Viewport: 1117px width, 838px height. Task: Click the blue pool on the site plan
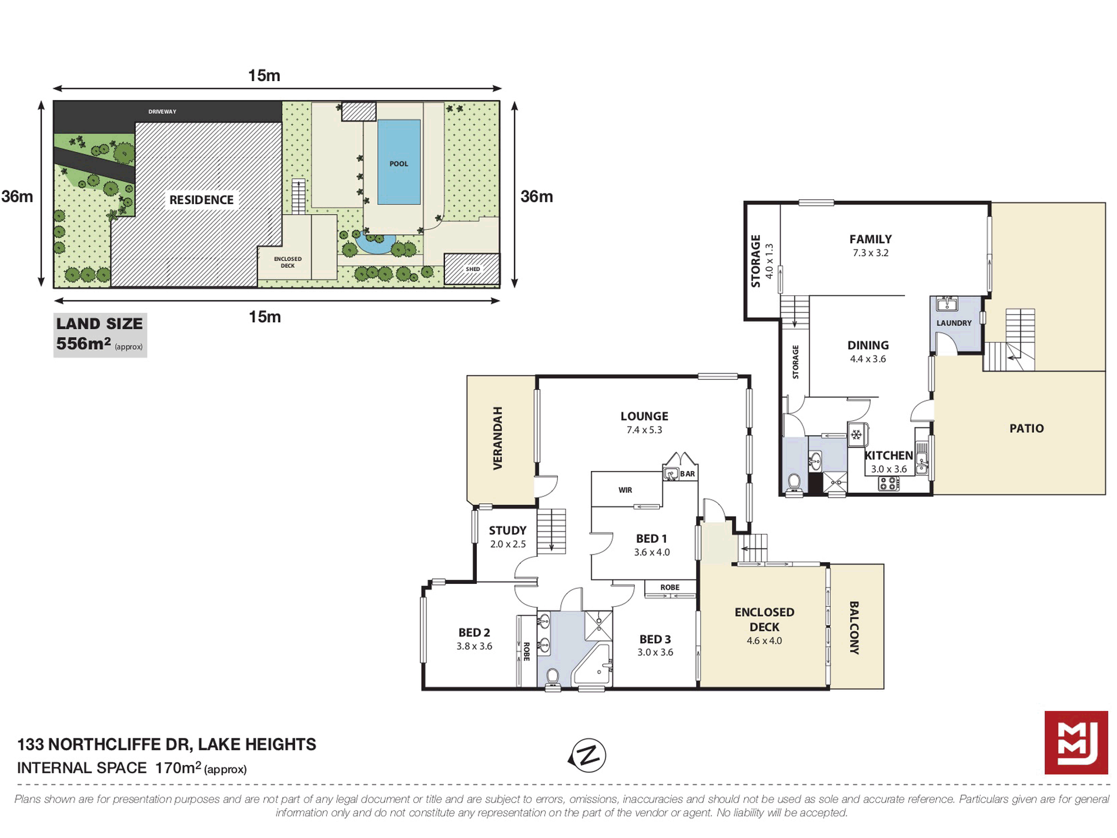click(x=399, y=162)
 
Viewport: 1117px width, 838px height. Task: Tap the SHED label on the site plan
click(x=473, y=269)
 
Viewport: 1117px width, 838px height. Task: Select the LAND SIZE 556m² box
click(x=100, y=335)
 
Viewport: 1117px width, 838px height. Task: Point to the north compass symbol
click(x=587, y=756)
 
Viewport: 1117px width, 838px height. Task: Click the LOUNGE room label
click(x=644, y=416)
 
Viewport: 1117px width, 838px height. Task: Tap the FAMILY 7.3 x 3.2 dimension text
click(x=871, y=253)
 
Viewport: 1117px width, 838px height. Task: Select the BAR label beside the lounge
click(x=687, y=474)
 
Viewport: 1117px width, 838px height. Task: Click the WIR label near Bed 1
click(x=625, y=490)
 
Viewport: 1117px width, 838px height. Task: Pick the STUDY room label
click(x=507, y=530)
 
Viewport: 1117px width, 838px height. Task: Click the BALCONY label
click(x=854, y=627)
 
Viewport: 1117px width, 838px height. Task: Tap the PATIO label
click(x=1026, y=429)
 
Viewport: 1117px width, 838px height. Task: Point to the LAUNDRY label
click(x=954, y=323)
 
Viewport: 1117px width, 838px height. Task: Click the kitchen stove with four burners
click(x=889, y=483)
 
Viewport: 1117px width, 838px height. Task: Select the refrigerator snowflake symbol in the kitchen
click(x=857, y=435)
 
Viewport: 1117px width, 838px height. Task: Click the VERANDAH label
click(x=498, y=438)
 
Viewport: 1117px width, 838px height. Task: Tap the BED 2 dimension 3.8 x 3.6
click(x=474, y=646)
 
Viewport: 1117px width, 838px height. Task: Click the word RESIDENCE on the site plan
click(x=202, y=200)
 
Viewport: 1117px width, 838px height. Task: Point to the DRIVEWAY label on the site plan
click(x=162, y=112)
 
